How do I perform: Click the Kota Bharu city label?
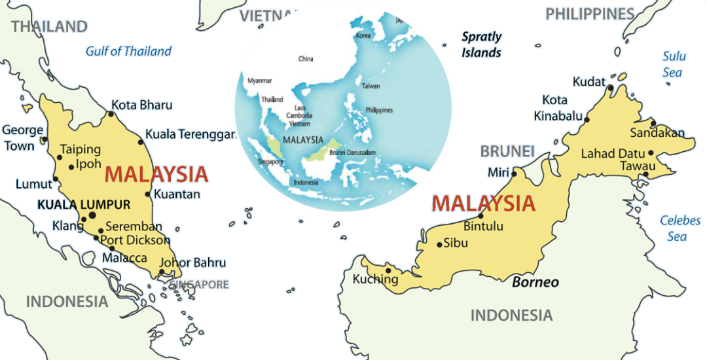[141, 105]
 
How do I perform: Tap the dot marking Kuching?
[388, 268]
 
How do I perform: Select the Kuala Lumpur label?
[84, 204]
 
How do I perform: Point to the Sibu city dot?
[440, 245]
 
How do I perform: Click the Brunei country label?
[507, 151]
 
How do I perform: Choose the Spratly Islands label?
[482, 45]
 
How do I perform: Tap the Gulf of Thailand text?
[129, 51]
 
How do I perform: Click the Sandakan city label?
[657, 133]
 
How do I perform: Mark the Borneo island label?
[535, 282]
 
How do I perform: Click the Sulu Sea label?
[674, 64]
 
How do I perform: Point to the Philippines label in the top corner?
[590, 14]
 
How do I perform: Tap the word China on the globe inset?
[306, 59]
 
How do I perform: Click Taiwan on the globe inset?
[371, 86]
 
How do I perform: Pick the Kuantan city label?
[177, 194]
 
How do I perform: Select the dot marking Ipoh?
[71, 167]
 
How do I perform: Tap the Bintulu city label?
[483, 227]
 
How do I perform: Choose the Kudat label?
[589, 82]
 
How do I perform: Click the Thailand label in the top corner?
[49, 26]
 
